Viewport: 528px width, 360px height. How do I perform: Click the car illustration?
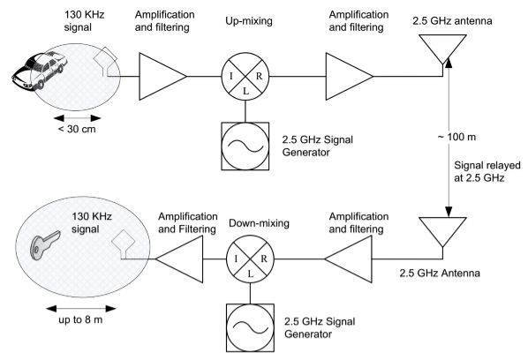(x=40, y=71)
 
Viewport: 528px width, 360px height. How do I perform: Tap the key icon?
(x=44, y=245)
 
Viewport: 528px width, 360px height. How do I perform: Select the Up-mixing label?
(x=249, y=21)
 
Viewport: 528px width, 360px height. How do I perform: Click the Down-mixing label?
(x=259, y=223)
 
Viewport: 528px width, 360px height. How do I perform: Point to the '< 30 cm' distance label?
(x=77, y=129)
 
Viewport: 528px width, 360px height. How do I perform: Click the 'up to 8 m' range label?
(x=80, y=319)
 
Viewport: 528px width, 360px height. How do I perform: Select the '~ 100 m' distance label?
(x=456, y=137)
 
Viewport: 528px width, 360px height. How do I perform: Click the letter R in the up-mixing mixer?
(x=259, y=77)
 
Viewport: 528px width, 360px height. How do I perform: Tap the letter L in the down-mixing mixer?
(x=250, y=274)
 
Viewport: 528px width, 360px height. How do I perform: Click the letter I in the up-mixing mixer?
(x=231, y=77)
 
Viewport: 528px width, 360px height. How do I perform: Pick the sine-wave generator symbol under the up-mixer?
(x=245, y=146)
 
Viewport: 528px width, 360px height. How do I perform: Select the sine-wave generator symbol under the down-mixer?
(x=250, y=328)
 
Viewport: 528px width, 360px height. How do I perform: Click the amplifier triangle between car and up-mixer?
(x=163, y=77)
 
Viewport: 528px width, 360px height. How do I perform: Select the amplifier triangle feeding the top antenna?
(x=349, y=77)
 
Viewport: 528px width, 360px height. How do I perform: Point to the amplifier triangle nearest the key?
(x=179, y=259)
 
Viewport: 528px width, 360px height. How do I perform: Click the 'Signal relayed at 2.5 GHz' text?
(x=487, y=171)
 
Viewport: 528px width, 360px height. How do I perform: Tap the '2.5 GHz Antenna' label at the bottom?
(x=440, y=273)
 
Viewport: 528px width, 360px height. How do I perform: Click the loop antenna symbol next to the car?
(x=106, y=63)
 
